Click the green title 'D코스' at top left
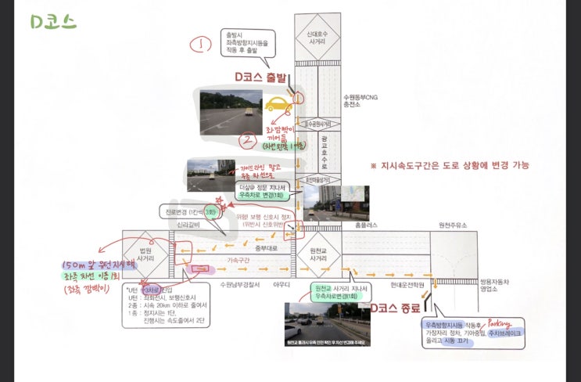pyautogui.click(x=54, y=21)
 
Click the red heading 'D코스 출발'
pyautogui.click(x=261, y=77)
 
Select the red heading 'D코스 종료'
pyautogui.click(x=396, y=307)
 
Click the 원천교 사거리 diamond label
pyautogui.click(x=319, y=253)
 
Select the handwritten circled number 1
pyautogui.click(x=205, y=44)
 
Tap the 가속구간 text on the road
pyautogui.click(x=239, y=259)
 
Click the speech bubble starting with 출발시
pyautogui.click(x=248, y=45)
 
